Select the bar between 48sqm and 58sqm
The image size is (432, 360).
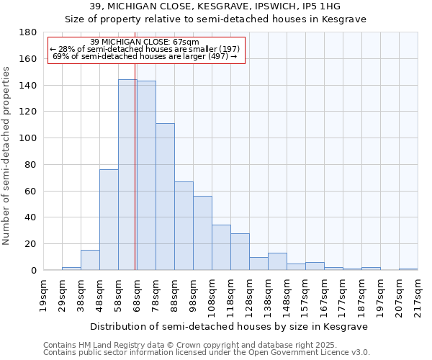109,220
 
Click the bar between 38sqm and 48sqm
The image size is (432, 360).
90,260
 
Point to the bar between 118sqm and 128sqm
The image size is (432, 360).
240,251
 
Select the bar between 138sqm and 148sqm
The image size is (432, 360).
277,261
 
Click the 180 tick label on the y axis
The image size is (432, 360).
28,32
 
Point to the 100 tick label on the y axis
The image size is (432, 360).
28,138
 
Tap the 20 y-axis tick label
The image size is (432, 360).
31,244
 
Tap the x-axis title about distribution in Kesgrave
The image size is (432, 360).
230,326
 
